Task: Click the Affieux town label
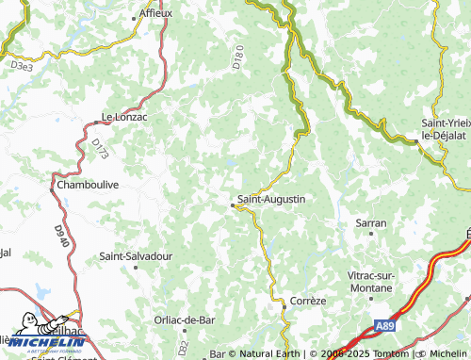[155, 14]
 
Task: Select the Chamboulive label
[88, 185]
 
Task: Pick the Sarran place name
[371, 223]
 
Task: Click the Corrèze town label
[307, 301]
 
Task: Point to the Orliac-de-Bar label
[185, 320]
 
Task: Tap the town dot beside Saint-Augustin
[233, 200]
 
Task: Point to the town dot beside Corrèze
[284, 306]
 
